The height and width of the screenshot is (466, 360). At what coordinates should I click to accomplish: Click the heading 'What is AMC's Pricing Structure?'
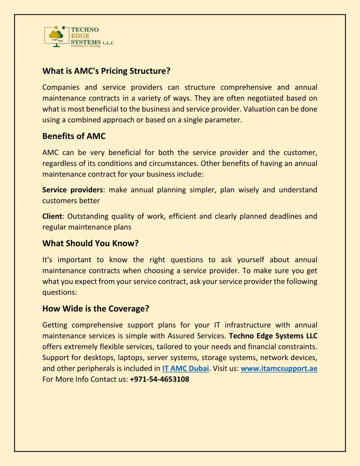106,71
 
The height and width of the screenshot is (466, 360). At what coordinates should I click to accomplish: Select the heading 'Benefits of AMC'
74,136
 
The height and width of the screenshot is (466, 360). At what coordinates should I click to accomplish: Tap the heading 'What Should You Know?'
90,243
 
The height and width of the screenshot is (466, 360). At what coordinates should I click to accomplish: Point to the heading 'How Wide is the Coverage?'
96,309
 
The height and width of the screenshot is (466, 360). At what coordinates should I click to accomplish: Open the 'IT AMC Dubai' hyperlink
185,369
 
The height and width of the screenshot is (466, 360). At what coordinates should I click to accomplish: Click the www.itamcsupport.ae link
279,369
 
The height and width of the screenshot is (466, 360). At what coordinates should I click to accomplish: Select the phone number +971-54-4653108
159,379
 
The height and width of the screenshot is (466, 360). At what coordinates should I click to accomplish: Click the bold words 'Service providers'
72,190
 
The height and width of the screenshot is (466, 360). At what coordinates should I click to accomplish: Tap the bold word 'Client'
52,216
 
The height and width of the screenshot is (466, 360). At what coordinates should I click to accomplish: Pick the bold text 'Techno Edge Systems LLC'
273,336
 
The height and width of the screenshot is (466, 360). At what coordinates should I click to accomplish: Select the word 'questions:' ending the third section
59,292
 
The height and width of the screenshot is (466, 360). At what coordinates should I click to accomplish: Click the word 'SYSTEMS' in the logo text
86,42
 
